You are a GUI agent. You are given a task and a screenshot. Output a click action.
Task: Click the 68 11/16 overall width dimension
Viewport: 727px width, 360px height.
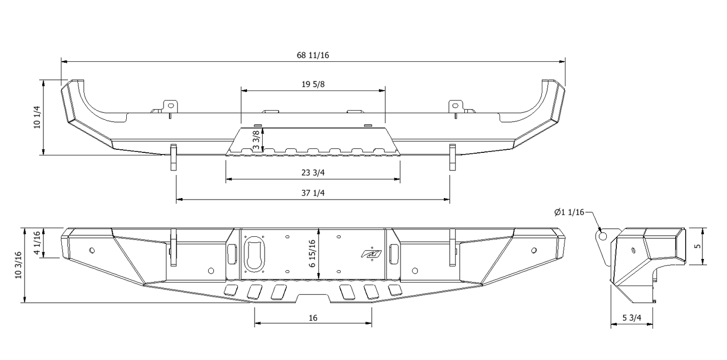[x=312, y=55]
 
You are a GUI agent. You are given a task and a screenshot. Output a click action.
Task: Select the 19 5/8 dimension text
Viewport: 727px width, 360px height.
[x=313, y=84]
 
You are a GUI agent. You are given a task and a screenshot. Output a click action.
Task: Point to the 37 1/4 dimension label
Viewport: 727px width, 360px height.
[x=313, y=193]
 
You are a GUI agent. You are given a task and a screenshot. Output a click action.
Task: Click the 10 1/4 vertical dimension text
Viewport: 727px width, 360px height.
[x=37, y=117]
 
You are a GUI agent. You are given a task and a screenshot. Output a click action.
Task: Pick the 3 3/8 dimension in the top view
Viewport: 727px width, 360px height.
[x=256, y=140]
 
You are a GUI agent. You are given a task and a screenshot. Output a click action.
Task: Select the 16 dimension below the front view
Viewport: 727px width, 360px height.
[x=313, y=318]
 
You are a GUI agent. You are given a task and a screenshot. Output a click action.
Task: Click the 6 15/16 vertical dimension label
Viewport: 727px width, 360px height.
[x=312, y=254]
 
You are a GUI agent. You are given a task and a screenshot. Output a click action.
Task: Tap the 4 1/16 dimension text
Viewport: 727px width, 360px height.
[x=37, y=243]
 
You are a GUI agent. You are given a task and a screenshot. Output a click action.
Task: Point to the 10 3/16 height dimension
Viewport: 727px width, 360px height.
[x=19, y=265]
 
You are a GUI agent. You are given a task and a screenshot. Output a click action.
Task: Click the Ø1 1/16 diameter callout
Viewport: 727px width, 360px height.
[x=569, y=213]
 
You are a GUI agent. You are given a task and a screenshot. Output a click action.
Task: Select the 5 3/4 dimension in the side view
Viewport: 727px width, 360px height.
[x=631, y=318]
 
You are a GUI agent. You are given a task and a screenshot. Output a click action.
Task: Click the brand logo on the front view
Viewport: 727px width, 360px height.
[x=371, y=254]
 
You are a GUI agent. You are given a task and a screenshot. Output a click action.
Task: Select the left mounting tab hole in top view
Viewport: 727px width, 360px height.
[x=171, y=106]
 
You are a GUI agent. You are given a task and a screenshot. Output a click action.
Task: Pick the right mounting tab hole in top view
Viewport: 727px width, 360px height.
[x=455, y=106]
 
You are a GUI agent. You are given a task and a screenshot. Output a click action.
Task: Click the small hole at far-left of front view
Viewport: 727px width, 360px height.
[x=92, y=250]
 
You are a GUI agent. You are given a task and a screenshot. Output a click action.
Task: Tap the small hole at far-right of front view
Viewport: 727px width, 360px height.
[x=534, y=250]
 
